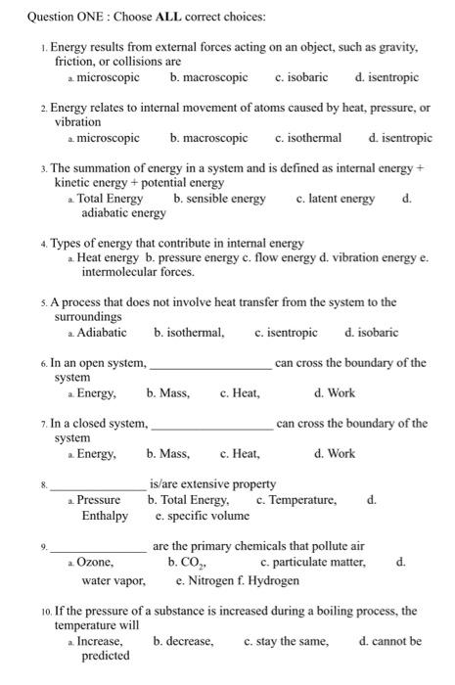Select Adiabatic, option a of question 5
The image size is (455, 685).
[x=102, y=333]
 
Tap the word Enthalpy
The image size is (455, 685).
[x=105, y=516]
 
